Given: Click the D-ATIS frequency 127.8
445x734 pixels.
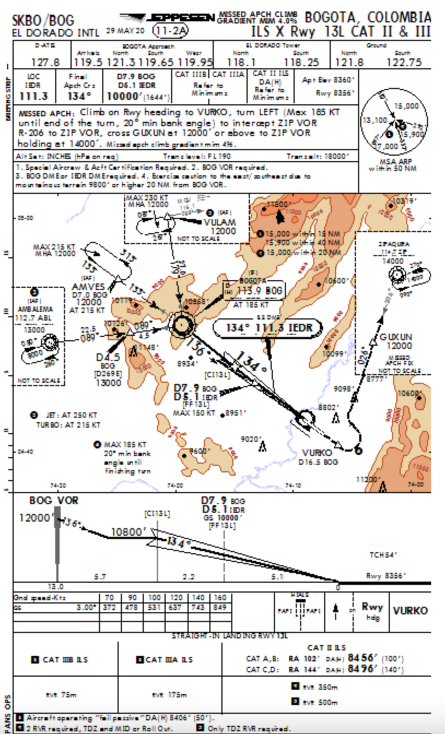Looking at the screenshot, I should (x=45, y=62).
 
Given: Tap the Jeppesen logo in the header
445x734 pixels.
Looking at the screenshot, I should (x=167, y=18).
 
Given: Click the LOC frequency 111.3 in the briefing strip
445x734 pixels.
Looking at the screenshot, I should (x=33, y=97).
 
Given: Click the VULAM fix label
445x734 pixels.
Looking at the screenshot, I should (x=220, y=222).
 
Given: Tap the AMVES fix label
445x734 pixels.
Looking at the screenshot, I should (x=88, y=287).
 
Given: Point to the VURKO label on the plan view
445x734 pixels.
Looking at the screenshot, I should (x=317, y=453).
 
